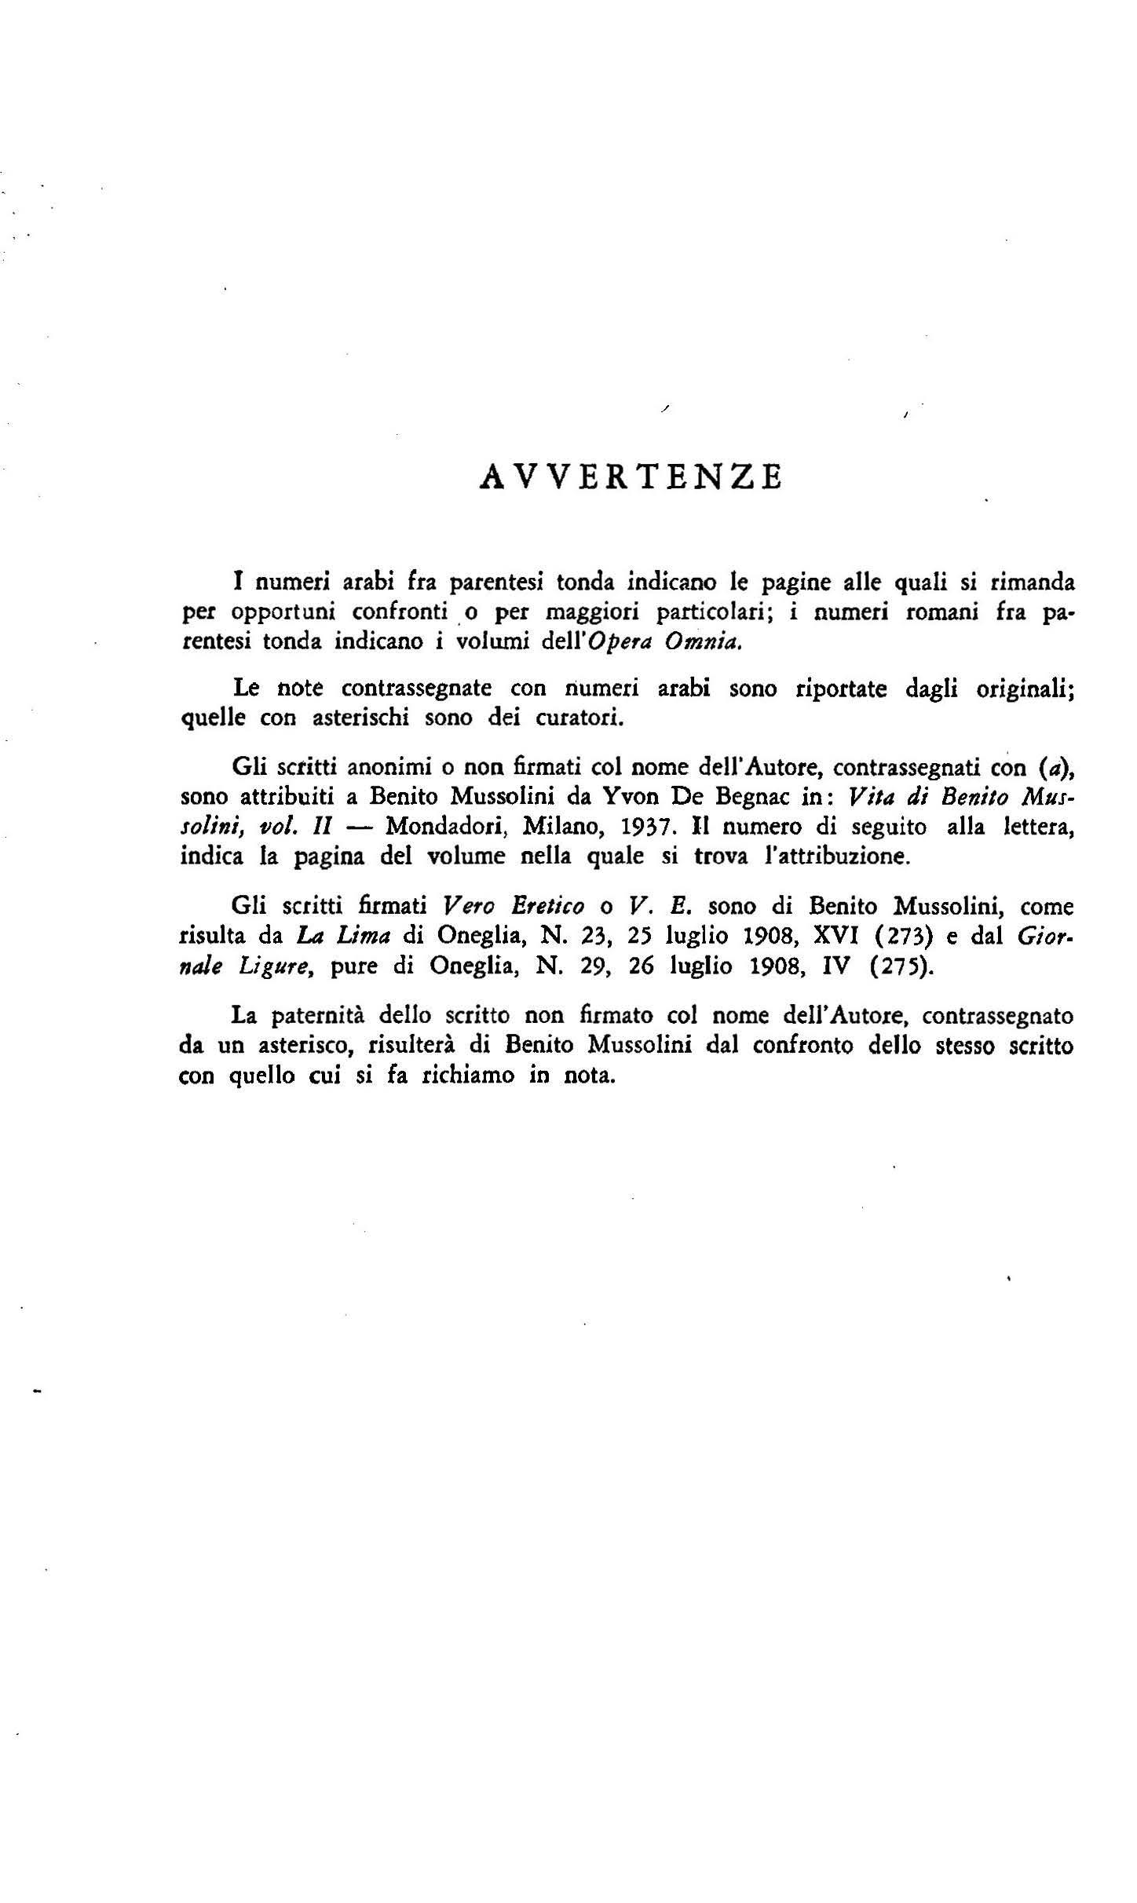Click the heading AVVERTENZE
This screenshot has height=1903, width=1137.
tap(631, 477)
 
